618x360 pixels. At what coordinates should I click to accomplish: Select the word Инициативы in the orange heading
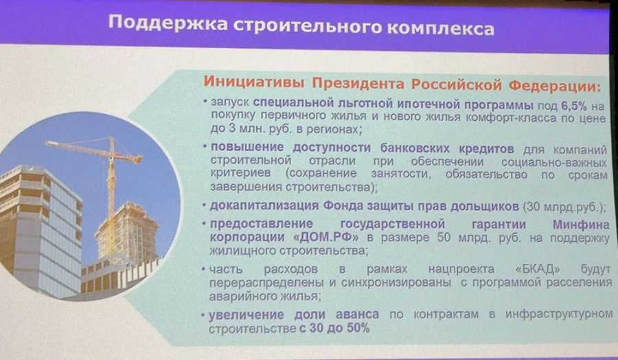tap(254, 83)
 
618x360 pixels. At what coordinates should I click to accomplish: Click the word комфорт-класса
tap(511, 117)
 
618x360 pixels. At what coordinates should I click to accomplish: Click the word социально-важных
tap(554, 162)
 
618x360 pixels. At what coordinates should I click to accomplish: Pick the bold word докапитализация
tap(264, 206)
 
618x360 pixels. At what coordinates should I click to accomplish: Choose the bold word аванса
tap(357, 315)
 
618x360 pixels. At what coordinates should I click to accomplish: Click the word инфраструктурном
tap(559, 314)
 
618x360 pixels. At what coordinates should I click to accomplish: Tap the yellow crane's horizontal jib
tap(93, 150)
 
